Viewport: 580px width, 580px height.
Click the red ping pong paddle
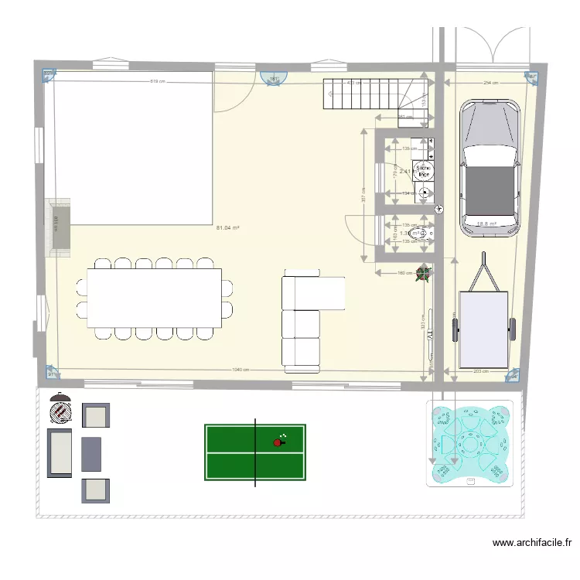(278, 442)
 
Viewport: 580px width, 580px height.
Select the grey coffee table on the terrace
(91, 454)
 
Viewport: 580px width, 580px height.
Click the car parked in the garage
(490, 168)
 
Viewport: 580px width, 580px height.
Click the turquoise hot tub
(469, 443)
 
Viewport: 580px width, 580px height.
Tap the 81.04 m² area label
(227, 228)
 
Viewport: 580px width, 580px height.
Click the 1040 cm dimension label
(240, 370)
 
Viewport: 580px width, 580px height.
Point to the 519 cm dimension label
(159, 81)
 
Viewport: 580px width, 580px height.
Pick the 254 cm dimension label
(490, 81)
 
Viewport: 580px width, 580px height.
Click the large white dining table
(154, 298)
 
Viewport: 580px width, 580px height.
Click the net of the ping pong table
(255, 452)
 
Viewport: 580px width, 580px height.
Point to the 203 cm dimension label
(479, 371)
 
